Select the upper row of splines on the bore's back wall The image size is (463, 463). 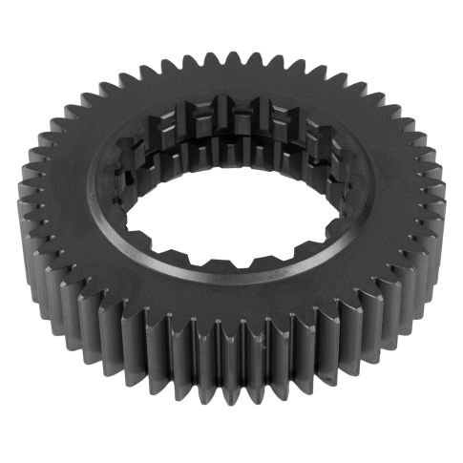[x=239, y=113]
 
